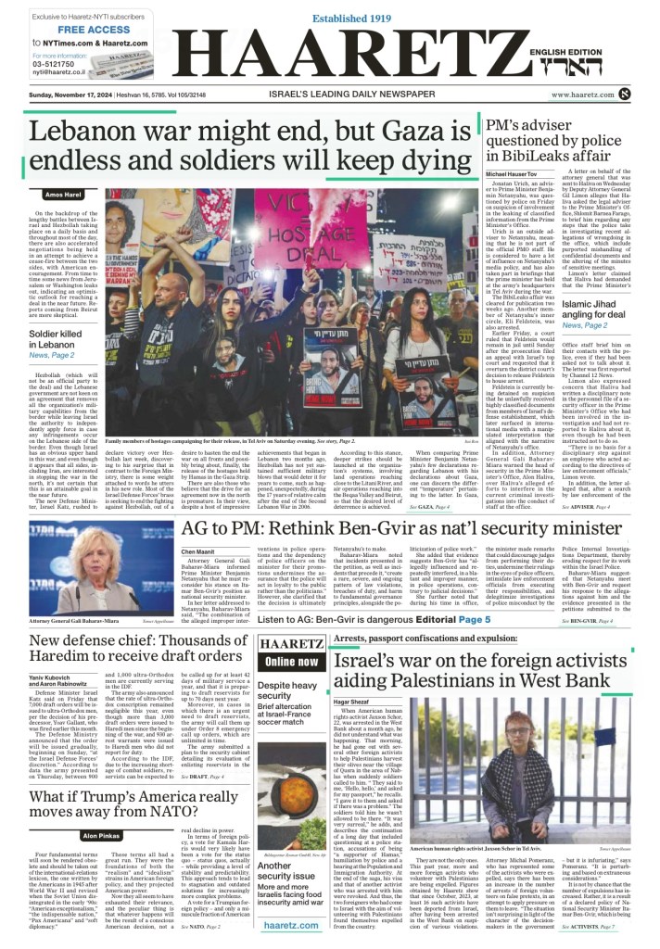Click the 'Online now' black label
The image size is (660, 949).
pyautogui.click(x=291, y=636)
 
